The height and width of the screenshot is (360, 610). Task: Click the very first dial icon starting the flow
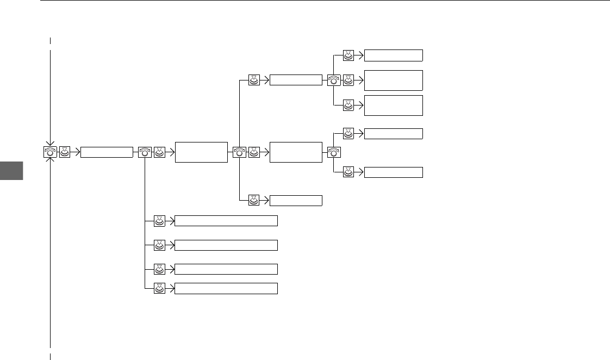click(50, 152)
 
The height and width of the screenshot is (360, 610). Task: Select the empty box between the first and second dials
click(107, 152)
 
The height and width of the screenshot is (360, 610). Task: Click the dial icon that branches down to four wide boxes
click(145, 152)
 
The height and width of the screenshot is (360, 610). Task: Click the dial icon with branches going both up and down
click(240, 152)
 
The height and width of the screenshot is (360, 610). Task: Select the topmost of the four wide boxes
click(226, 220)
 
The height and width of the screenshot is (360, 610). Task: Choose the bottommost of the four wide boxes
click(226, 289)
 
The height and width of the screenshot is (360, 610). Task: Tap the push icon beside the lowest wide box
click(159, 289)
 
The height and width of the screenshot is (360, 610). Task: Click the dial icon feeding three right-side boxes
click(334, 80)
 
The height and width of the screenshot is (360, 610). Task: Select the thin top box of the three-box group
click(393, 55)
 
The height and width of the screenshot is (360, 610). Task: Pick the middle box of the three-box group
click(393, 80)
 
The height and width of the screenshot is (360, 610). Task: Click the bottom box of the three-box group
click(393, 105)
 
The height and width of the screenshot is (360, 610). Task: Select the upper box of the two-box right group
click(393, 133)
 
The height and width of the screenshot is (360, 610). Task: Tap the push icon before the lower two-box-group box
click(348, 172)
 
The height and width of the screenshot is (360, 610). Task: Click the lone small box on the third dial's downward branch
click(296, 200)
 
